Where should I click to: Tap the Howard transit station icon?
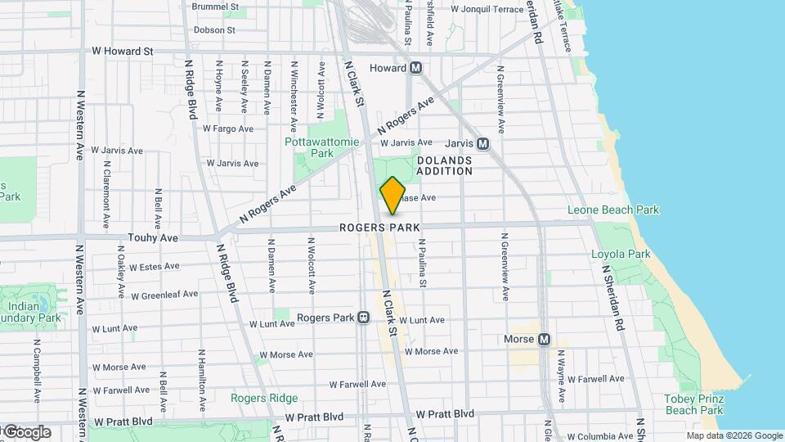coord(416,68)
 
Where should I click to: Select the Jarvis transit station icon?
coord(482,144)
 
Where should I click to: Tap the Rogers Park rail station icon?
coord(363,318)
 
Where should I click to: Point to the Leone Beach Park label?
coord(613,210)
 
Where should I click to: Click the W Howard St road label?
coord(123,51)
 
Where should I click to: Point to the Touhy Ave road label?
coord(153,237)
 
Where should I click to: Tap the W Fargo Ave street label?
coord(228,129)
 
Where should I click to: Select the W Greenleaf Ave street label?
coord(164,295)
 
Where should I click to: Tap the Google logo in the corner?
coord(26,432)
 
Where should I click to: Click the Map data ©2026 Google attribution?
coord(734,435)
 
